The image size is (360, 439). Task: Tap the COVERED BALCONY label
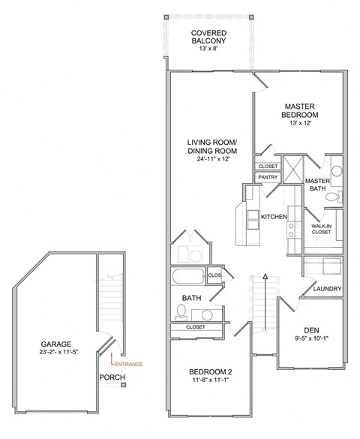pos(209,38)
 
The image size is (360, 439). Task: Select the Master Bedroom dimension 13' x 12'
pos(300,123)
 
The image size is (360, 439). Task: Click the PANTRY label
pos(268,177)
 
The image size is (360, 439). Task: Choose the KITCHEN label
pos(274,217)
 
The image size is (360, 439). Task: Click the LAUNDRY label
pos(327,289)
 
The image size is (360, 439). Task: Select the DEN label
pos(311,329)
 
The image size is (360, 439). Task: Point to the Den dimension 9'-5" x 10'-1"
pos(311,339)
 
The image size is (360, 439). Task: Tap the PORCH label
pos(111,377)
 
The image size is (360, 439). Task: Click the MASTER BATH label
pos(318,185)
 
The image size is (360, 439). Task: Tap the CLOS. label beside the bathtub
pos(214,275)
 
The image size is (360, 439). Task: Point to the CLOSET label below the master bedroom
pos(268,166)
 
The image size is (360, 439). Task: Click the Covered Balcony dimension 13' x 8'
pos(209,47)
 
